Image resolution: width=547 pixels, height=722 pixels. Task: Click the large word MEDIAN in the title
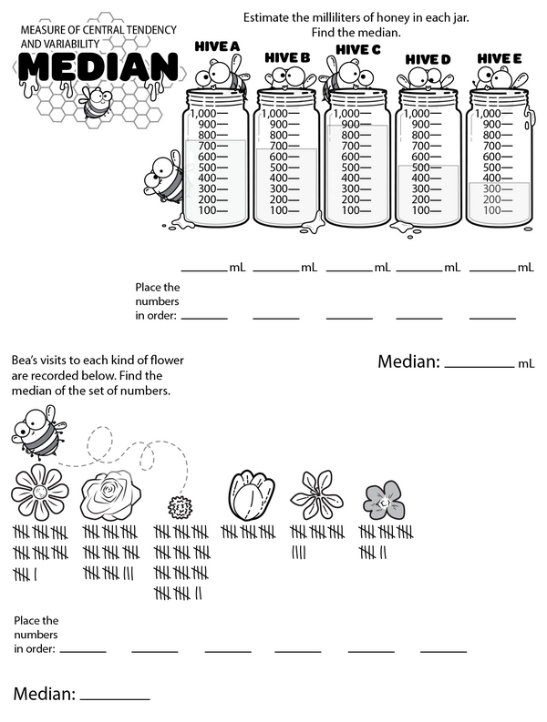pos(98,66)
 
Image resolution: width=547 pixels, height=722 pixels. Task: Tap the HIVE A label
pos(217,46)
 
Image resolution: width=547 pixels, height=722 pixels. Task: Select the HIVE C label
pos(358,49)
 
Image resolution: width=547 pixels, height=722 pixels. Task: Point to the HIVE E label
pos(500,57)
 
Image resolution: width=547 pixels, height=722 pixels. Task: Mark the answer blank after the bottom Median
pos(115,696)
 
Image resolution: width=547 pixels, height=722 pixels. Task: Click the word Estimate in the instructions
pos(267,17)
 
